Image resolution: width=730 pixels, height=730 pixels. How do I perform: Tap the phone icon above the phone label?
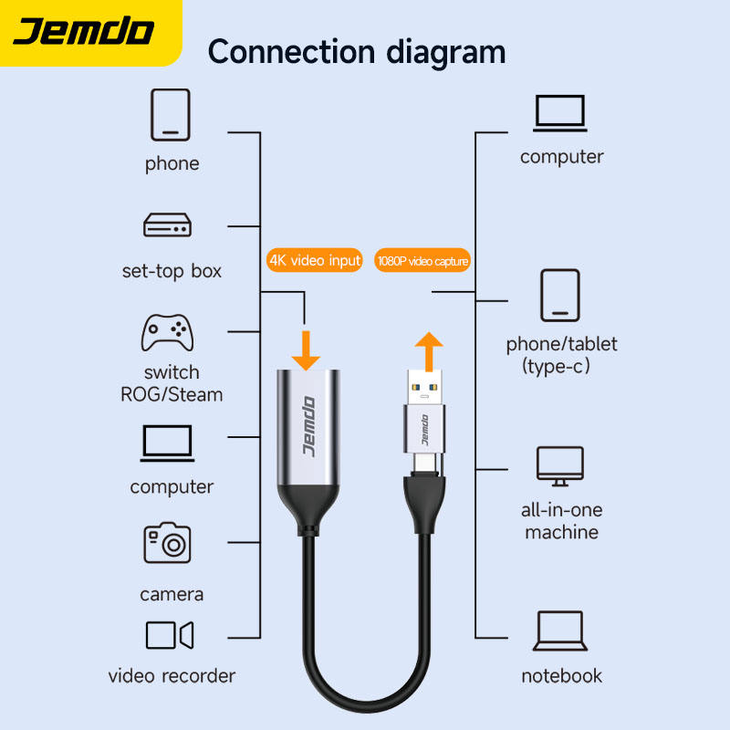(x=171, y=115)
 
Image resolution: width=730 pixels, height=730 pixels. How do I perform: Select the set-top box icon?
(x=166, y=224)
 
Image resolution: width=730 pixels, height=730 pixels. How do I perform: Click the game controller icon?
(x=167, y=333)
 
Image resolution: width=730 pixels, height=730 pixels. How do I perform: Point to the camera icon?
(x=167, y=543)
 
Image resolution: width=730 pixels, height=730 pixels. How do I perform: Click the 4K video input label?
(x=315, y=261)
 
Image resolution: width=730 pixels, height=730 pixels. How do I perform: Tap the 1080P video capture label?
(x=422, y=262)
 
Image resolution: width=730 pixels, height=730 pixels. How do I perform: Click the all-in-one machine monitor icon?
(x=560, y=466)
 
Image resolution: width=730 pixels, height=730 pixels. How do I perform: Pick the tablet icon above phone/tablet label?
(x=560, y=297)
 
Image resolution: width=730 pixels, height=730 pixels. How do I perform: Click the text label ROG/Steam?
(x=172, y=395)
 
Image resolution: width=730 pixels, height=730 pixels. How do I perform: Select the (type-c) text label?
(x=558, y=367)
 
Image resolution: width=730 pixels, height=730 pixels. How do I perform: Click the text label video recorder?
(x=172, y=676)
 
